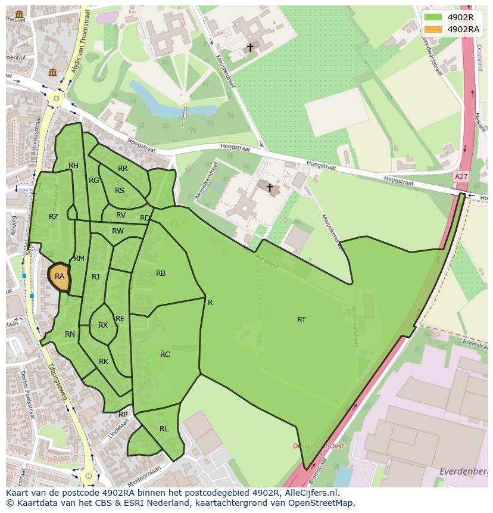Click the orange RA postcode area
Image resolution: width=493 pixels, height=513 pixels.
click(x=59, y=276)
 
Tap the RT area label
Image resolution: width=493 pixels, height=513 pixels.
click(x=301, y=320)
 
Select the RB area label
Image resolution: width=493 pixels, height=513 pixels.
click(x=161, y=273)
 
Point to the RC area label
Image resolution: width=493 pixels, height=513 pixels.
click(x=165, y=355)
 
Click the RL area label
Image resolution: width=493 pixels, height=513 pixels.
click(x=164, y=429)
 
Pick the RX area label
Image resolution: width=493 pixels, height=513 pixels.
click(x=103, y=325)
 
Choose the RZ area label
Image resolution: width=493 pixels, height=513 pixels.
click(x=54, y=217)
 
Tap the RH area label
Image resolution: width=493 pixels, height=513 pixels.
click(x=73, y=166)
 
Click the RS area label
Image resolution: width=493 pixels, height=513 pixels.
click(x=120, y=191)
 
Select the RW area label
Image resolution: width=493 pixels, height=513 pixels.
click(x=118, y=231)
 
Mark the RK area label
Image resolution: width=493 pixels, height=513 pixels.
click(x=104, y=362)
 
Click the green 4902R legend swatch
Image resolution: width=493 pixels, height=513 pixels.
click(x=433, y=17)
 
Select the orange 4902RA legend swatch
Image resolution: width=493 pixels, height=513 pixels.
click(x=433, y=29)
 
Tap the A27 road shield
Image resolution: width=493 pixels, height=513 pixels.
click(x=460, y=177)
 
